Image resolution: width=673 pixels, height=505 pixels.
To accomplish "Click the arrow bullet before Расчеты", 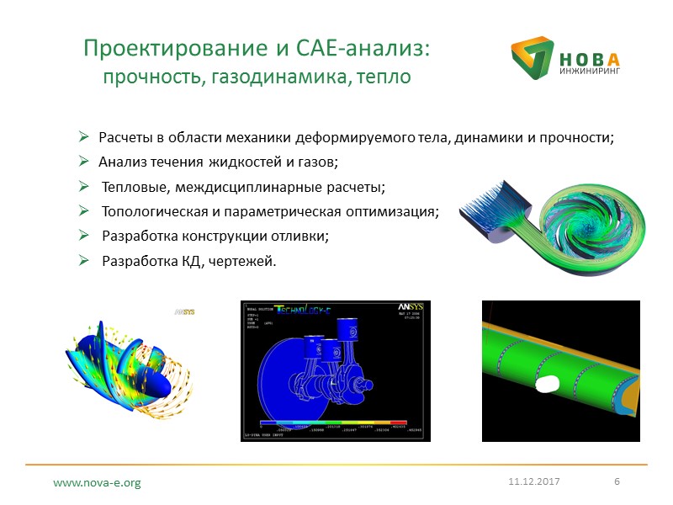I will [84, 137].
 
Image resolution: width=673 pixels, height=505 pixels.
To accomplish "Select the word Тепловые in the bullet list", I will [131, 186].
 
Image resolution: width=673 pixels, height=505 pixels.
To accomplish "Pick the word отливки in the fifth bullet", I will [299, 237].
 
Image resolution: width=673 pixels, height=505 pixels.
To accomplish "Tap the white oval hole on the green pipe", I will [548, 384].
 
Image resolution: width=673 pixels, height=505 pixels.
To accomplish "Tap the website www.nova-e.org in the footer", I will [97, 483].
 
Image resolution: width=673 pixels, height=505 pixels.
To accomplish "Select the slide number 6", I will [617, 481].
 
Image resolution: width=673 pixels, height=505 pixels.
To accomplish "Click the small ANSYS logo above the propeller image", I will [184, 311].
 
